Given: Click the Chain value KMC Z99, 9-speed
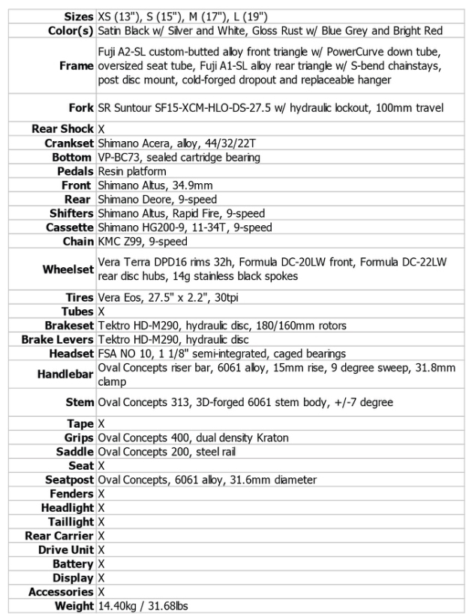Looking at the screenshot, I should pos(143,242).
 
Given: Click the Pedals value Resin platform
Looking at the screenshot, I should pos(132,171).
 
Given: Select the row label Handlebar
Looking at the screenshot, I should pos(66,374).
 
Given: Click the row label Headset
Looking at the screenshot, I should pos(71,354).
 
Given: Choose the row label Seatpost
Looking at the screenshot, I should pos(70,480).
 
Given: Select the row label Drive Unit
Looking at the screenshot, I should pos(65,549).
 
